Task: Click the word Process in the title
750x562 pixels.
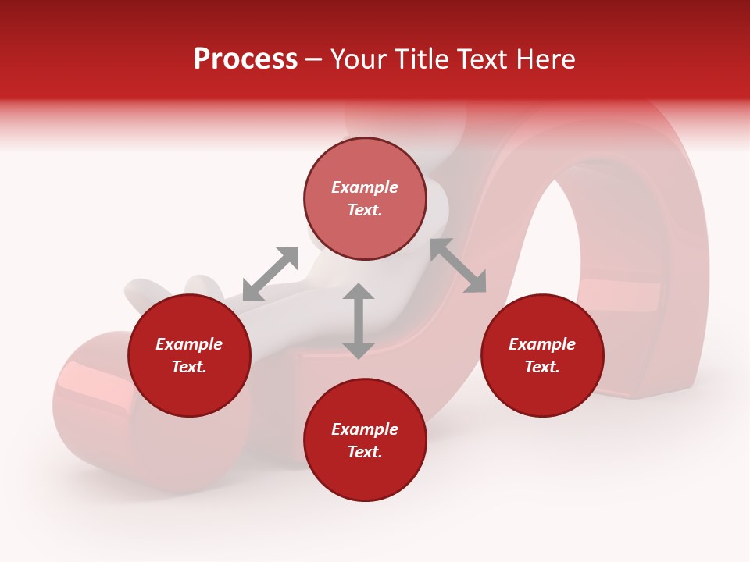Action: tap(245, 59)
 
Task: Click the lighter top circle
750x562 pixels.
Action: tap(365, 198)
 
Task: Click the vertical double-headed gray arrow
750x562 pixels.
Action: tap(359, 322)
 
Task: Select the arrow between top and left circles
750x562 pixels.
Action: tap(270, 274)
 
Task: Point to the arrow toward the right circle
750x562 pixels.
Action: tap(458, 265)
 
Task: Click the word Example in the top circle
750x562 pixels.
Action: tap(365, 187)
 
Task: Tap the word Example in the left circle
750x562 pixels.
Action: tap(189, 344)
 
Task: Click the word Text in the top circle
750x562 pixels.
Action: tap(362, 210)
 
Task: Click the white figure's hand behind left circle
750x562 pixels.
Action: tap(168, 290)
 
